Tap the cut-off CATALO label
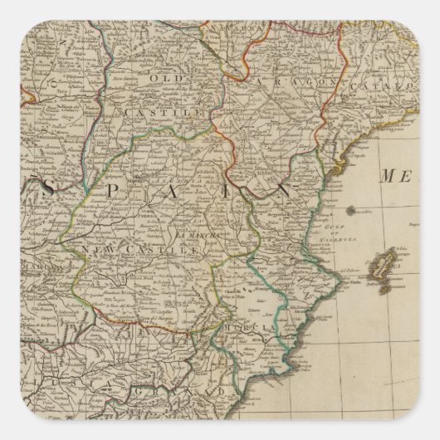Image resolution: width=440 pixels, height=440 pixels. pyautogui.click(x=382, y=86)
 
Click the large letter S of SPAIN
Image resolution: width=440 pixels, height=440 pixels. pyautogui.click(x=48, y=190)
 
